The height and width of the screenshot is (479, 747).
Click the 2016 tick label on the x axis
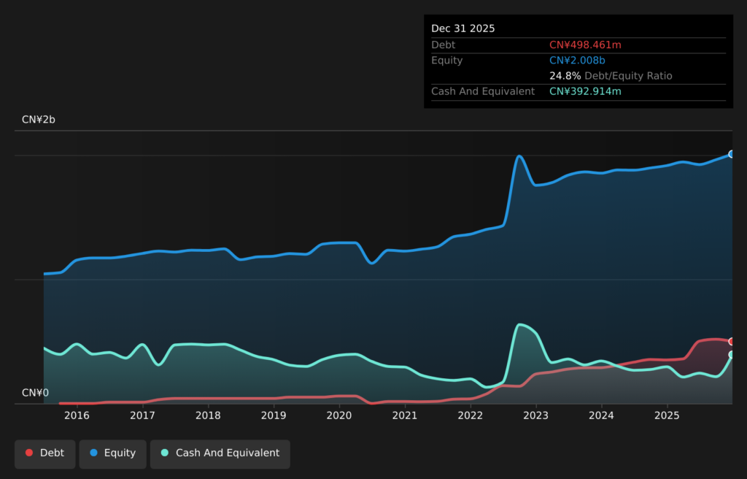[77, 415]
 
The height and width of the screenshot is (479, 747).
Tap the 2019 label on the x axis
[274, 415]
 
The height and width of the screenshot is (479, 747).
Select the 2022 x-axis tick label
[471, 415]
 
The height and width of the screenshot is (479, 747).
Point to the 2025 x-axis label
[667, 415]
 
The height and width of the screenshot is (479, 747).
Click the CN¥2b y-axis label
[38, 120]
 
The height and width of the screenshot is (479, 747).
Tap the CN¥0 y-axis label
[35, 393]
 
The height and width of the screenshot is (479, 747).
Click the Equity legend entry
[112, 453]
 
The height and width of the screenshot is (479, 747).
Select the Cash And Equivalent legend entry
[220, 453]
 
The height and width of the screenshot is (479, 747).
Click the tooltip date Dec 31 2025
[462, 28]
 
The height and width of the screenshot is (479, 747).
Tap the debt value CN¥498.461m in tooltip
[585, 45]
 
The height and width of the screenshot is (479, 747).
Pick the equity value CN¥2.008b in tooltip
[577, 61]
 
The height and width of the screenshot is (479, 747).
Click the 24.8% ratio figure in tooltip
[565, 76]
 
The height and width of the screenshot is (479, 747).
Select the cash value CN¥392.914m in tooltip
[585, 91]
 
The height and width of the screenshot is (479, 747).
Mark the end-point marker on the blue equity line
[731, 154]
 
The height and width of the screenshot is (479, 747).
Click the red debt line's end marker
[731, 341]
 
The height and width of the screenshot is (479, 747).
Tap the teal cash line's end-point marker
[731, 355]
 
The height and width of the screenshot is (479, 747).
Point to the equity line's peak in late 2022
[519, 156]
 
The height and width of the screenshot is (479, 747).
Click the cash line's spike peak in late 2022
[519, 325]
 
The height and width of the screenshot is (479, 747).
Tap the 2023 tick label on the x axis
[536, 415]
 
